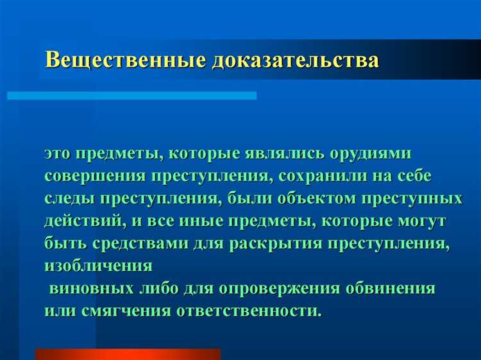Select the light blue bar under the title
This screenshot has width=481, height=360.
(131, 95)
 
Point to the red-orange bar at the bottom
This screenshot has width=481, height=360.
(128, 354)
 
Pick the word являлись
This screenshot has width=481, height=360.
(285, 155)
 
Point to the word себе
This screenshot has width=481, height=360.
(429, 176)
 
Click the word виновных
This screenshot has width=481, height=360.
(90, 288)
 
